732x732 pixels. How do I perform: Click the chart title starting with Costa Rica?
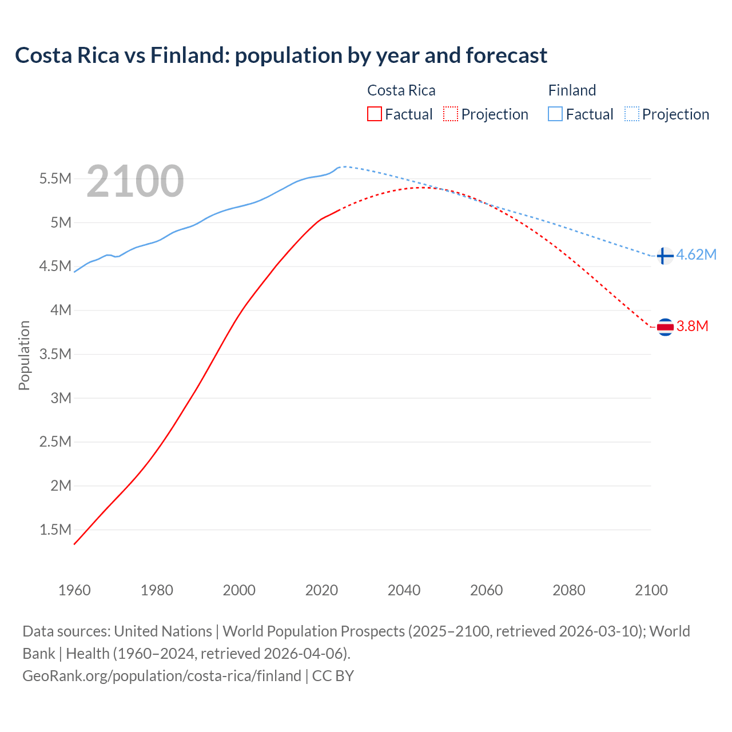coord(281,55)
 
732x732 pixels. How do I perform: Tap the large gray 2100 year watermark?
coord(135,181)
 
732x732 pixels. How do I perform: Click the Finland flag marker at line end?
coord(664,256)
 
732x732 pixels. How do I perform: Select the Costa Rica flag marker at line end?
coord(665,327)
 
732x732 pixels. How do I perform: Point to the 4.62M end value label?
coord(696,255)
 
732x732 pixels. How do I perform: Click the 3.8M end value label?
coord(692,327)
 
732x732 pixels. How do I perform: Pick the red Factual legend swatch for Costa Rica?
coord(374,114)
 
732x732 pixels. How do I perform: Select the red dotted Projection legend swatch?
coord(451,114)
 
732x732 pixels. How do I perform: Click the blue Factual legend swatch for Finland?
coord(555,114)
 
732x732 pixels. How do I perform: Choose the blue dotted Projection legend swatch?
coord(632,114)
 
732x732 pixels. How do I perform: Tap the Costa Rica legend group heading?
coord(401,90)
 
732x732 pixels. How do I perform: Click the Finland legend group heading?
coord(572,90)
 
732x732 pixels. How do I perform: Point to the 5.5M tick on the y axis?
coord(55,178)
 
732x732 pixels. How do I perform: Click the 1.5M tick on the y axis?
coord(55,530)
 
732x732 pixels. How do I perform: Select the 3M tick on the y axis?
coord(61,398)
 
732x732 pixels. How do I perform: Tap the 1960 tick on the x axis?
coord(74,590)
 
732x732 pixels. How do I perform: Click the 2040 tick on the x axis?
coord(404,590)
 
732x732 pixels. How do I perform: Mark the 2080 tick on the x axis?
coord(568,590)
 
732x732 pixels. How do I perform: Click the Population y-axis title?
coord(24,355)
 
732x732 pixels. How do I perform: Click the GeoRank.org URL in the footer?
coord(162,676)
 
